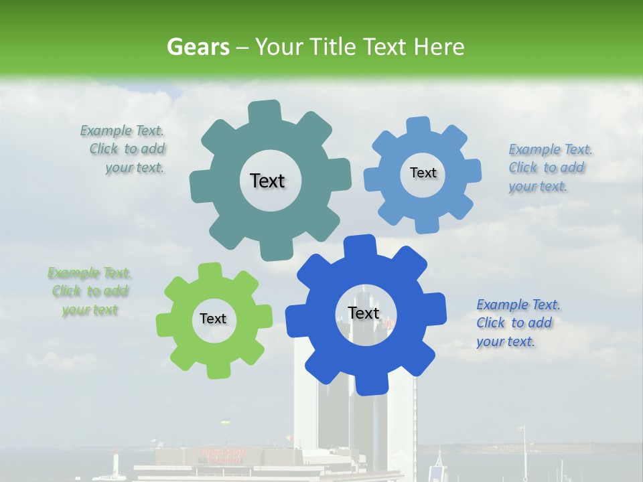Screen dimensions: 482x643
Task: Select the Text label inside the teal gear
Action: [267, 181]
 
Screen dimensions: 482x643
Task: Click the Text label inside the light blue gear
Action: [423, 173]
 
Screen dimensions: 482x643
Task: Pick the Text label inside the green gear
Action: [213, 319]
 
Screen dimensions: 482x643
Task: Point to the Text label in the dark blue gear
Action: [364, 313]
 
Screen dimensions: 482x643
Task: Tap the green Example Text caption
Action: [89, 291]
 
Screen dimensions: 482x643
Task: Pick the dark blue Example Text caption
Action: [516, 323]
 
